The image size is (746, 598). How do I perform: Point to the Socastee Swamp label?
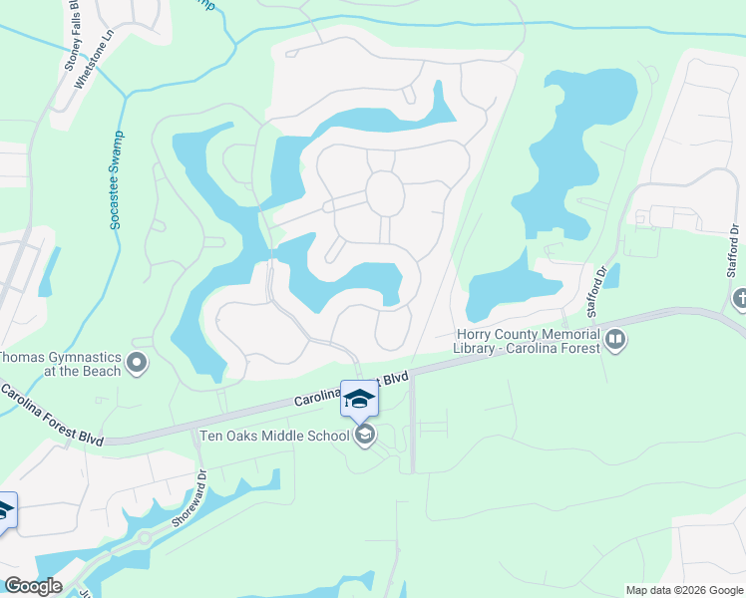pyautogui.click(x=116, y=180)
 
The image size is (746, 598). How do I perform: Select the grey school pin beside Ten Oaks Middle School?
pyautogui.click(x=365, y=435)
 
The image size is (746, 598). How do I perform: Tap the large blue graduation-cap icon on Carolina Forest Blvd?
pyautogui.click(x=360, y=399)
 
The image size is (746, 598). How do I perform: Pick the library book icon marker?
pyautogui.click(x=615, y=341)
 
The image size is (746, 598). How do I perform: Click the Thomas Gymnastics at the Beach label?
pyautogui.click(x=60, y=364)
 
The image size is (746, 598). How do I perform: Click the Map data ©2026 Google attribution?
pyautogui.click(x=683, y=590)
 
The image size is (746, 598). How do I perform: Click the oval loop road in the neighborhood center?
pyautogui.click(x=384, y=191)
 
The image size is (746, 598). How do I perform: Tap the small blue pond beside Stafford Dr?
pyautogui.click(x=611, y=275)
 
